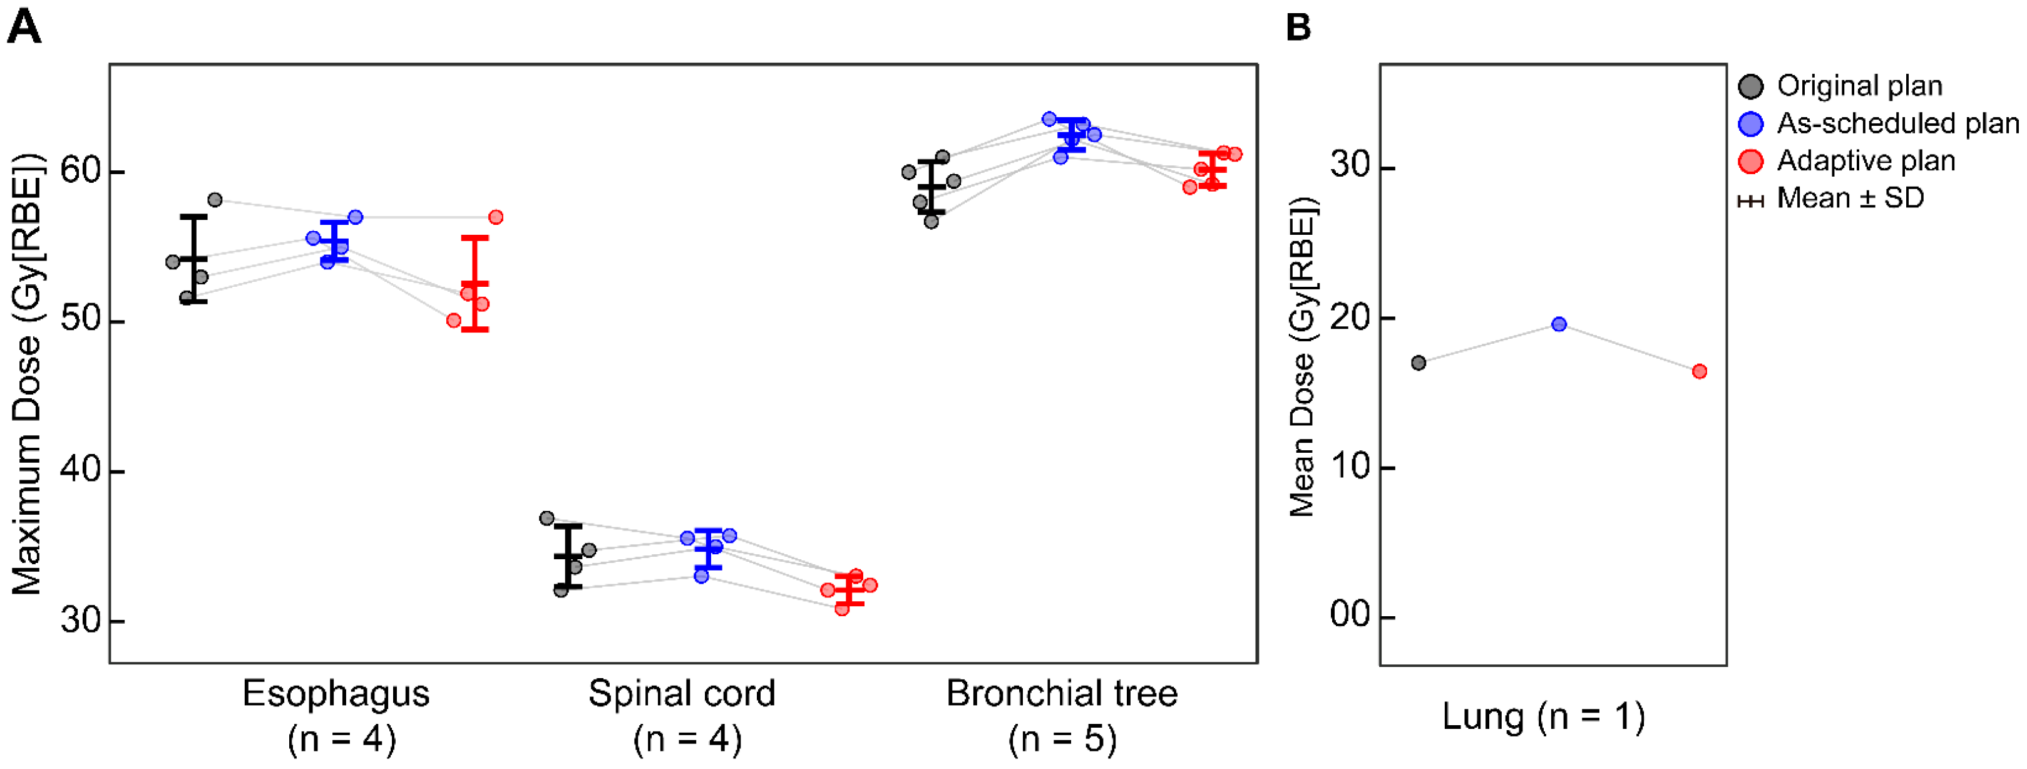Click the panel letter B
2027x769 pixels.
1298,28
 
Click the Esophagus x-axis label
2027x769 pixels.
336,693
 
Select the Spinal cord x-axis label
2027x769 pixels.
682,693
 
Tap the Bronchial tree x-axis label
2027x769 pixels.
1062,693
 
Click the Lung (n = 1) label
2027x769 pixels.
1543,717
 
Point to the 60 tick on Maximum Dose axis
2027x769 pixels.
83,171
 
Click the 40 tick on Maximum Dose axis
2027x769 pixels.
83,471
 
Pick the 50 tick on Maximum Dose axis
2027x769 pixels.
83,321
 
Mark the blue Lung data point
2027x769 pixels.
1559,324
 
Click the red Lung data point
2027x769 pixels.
1700,371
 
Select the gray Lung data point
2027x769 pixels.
1419,363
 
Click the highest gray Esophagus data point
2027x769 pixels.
215,200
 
